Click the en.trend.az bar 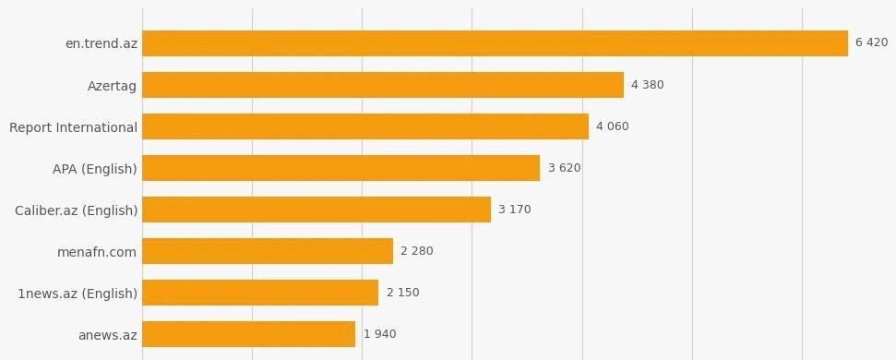coord(495,43)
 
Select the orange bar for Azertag coord(383,85)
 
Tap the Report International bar coord(365,126)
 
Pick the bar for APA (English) coord(341,168)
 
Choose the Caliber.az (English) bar coord(317,210)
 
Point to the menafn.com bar coord(268,251)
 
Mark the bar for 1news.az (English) coord(260,293)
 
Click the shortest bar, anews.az coord(248,334)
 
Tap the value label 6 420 coord(871,42)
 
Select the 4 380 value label coord(648,85)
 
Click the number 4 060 coord(612,126)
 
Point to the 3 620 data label coord(564,168)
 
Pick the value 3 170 coord(514,210)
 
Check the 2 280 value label coord(416,251)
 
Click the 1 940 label coord(379,334)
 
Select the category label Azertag coord(112,86)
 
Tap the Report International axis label coord(73,127)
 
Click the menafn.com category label coord(97,252)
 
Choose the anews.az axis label coord(107,335)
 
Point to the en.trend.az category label coord(102,43)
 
